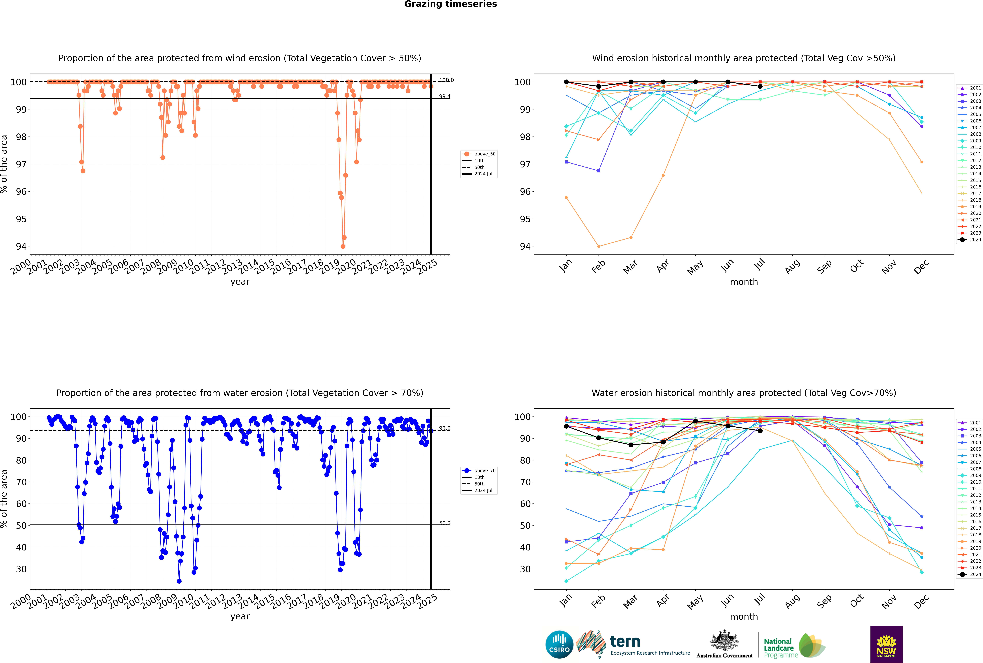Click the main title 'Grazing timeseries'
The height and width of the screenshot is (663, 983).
click(x=451, y=4)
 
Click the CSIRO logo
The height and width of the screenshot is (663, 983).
click(x=559, y=644)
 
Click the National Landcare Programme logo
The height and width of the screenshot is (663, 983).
click(x=794, y=646)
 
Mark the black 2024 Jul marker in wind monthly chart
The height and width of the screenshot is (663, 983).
click(x=760, y=86)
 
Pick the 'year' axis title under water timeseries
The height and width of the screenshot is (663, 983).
click(x=240, y=617)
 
